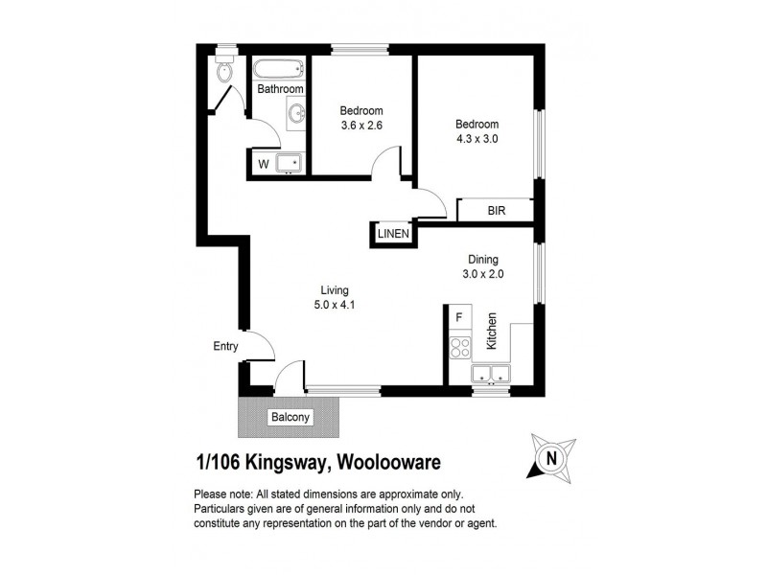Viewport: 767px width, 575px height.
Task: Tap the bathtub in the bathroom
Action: click(x=279, y=70)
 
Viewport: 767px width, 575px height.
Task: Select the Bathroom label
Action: click(x=280, y=89)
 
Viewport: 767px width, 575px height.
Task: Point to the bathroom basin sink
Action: click(x=295, y=115)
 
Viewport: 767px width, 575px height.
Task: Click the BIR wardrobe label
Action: click(x=496, y=210)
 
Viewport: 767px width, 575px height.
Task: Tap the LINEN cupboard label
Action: click(x=393, y=234)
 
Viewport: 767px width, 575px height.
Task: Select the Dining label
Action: click(x=483, y=259)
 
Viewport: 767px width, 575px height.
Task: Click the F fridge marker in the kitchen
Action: click(x=459, y=316)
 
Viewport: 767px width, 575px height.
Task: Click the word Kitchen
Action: click(x=491, y=331)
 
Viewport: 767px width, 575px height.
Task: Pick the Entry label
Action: click(x=226, y=347)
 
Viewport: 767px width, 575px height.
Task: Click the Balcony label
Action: click(x=289, y=417)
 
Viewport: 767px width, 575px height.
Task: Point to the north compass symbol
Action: click(x=550, y=458)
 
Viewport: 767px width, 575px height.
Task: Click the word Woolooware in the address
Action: click(x=385, y=463)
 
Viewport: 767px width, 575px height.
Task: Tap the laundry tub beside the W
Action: click(x=289, y=163)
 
